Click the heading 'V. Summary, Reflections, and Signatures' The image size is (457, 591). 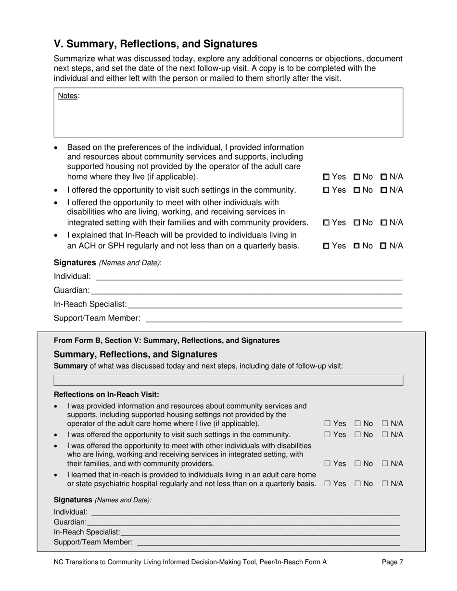(x=155, y=44)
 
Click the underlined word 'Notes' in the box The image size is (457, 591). (x=67, y=96)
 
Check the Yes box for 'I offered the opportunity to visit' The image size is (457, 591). (x=327, y=190)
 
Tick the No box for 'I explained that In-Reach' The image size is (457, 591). (x=357, y=246)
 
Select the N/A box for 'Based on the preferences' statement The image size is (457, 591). (x=384, y=177)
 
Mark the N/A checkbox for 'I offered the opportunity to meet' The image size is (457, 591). (x=384, y=223)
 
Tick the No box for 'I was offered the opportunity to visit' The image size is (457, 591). (x=358, y=435)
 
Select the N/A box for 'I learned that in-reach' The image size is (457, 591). (x=385, y=484)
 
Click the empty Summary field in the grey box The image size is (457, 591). (x=228, y=381)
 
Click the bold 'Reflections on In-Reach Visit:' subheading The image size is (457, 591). (x=106, y=394)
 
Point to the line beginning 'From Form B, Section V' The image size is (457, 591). (x=166, y=340)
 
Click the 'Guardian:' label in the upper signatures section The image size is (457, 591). (x=72, y=290)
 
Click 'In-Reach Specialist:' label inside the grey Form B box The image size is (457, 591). (x=87, y=532)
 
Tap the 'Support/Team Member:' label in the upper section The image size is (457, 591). (x=97, y=318)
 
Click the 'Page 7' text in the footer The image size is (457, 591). (x=392, y=562)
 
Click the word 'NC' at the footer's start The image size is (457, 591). (x=59, y=562)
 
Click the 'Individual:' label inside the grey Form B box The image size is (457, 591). (x=71, y=512)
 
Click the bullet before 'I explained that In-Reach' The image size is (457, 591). (x=57, y=235)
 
